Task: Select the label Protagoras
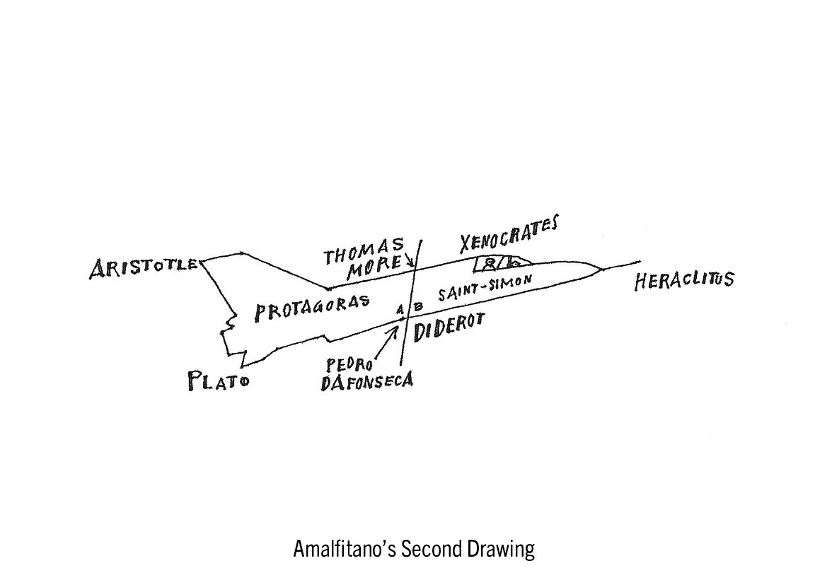(312, 308)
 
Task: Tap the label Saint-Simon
(484, 289)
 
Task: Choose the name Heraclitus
(683, 279)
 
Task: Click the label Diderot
(449, 328)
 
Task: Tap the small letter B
(417, 307)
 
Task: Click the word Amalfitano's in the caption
(345, 550)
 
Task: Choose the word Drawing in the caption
(500, 550)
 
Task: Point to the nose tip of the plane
(601, 269)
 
